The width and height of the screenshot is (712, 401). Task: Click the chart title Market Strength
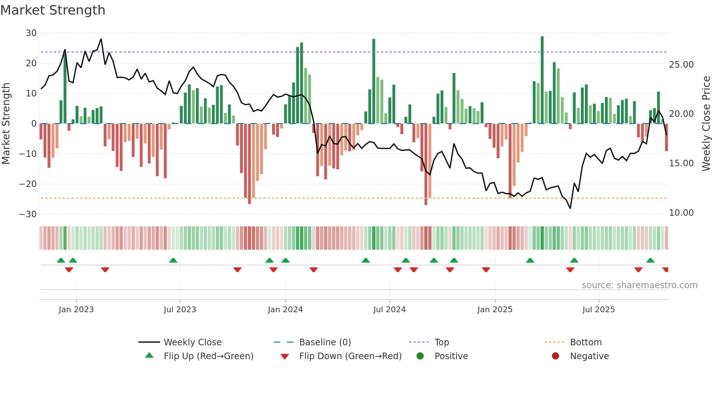(x=53, y=10)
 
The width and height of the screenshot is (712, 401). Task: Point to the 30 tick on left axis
(x=31, y=33)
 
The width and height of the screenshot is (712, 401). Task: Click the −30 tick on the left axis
(x=28, y=214)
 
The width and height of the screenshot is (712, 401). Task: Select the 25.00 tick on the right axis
(x=681, y=65)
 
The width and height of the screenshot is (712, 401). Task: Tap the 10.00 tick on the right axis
(x=681, y=213)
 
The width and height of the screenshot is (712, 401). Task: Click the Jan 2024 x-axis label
(x=285, y=310)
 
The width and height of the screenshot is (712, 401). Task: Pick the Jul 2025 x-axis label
(x=598, y=310)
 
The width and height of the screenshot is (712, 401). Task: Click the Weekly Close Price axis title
(x=706, y=124)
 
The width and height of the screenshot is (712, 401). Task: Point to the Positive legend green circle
(x=420, y=356)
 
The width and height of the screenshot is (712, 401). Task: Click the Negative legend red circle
(x=555, y=356)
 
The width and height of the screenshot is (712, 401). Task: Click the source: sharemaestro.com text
(x=639, y=285)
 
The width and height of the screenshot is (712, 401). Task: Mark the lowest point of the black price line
(x=570, y=208)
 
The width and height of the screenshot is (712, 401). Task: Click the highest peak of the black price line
(x=101, y=39)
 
